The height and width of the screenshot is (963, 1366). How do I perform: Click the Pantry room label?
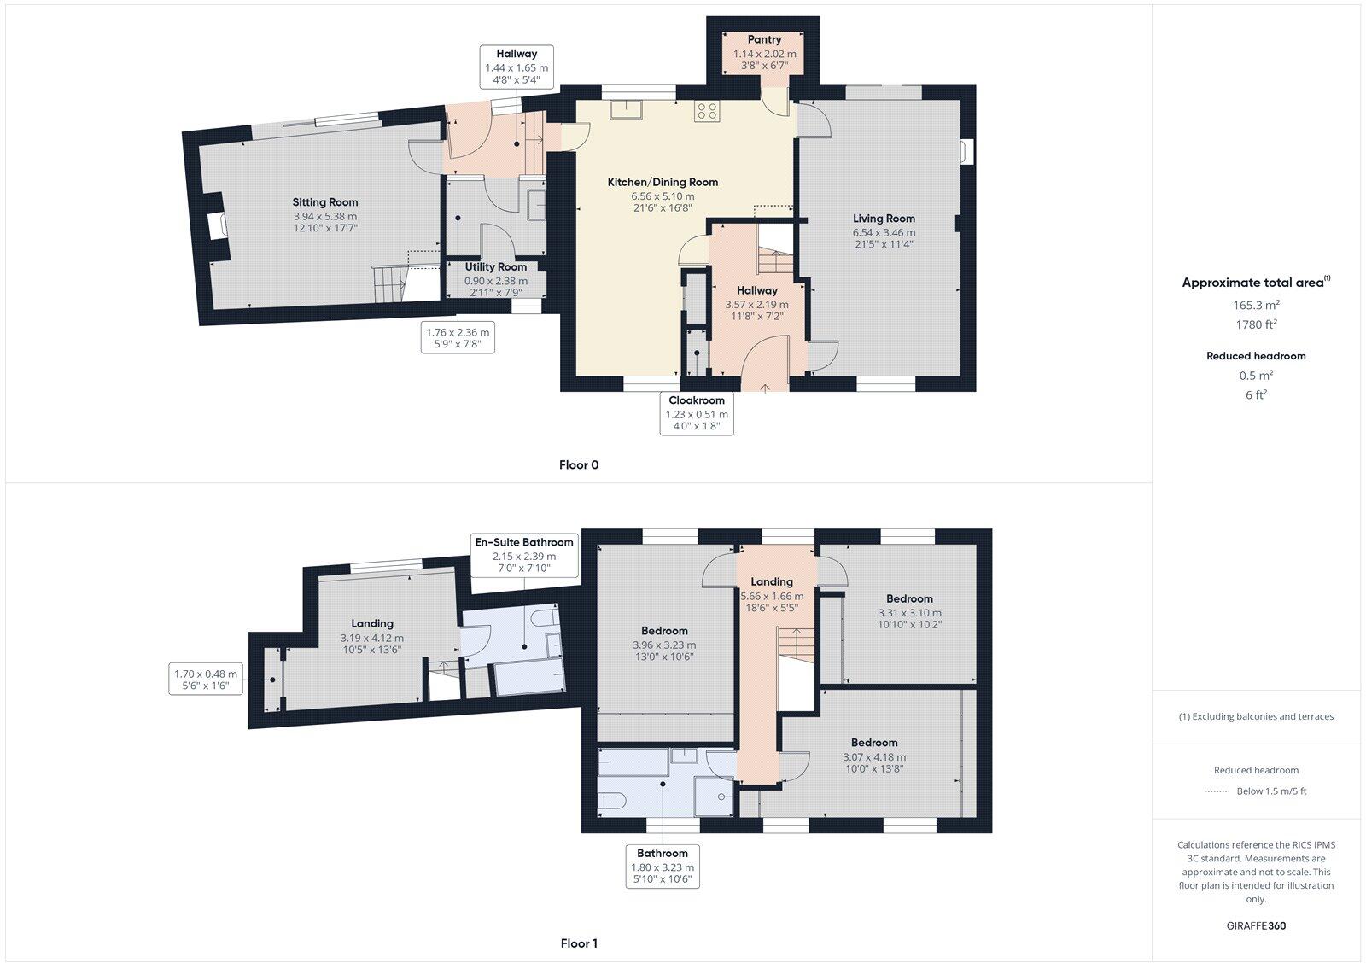764,39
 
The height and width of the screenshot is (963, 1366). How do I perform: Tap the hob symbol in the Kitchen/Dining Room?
707,110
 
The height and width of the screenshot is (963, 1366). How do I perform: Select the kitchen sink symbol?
626,109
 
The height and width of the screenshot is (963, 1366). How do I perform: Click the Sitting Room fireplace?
218,225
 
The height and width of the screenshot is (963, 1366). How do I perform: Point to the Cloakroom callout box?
697,413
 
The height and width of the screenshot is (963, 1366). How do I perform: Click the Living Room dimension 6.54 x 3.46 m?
884,232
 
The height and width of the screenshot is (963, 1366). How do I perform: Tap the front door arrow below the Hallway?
764,388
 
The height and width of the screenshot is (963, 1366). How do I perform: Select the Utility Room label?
495,267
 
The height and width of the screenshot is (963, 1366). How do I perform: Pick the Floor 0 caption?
579,465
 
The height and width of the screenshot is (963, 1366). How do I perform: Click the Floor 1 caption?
579,943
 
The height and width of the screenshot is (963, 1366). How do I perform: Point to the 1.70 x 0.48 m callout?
206,680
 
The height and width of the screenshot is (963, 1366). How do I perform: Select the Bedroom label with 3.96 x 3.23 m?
664,631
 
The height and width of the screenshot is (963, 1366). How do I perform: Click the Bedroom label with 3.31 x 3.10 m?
909,598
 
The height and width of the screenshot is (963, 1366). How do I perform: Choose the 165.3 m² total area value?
1255,305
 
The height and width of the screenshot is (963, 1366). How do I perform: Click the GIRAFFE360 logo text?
1255,925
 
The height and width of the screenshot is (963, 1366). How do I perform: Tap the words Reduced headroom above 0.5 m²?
1255,356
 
